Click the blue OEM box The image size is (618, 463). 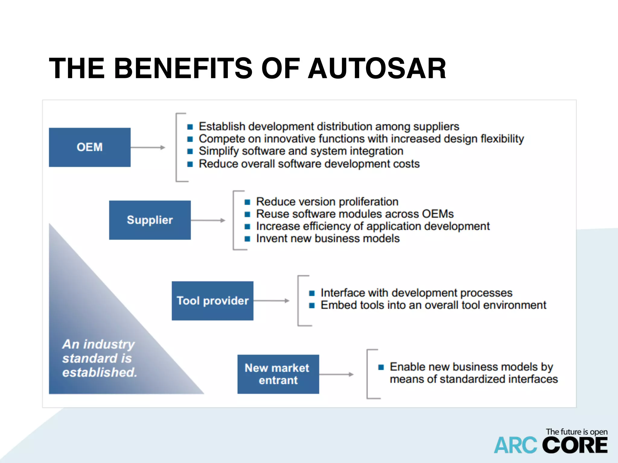[x=90, y=147]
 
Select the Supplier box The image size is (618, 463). [x=150, y=220]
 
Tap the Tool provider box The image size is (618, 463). [x=212, y=301]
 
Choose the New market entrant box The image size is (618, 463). [x=278, y=374]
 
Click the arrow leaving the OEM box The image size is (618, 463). [x=148, y=147]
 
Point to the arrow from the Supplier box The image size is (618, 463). [x=208, y=220]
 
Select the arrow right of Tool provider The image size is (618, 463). [x=271, y=301]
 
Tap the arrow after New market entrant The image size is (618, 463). [x=336, y=374]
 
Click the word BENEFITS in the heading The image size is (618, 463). [x=183, y=69]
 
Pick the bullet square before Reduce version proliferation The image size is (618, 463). [x=247, y=202]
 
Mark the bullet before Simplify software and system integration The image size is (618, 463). [x=190, y=151]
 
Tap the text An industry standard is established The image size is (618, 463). [x=99, y=358]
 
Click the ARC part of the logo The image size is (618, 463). [x=515, y=446]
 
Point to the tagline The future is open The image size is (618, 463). [x=576, y=432]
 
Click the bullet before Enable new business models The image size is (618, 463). [x=381, y=367]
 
